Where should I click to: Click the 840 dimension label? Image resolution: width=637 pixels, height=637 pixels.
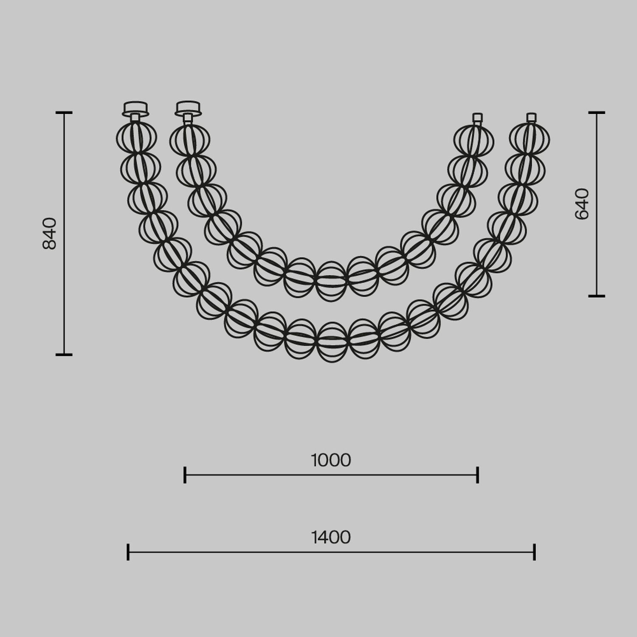pyautogui.click(x=50, y=233)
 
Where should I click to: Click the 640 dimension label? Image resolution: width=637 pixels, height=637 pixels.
pyautogui.click(x=582, y=204)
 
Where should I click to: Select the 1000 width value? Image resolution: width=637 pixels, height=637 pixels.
pyautogui.click(x=331, y=460)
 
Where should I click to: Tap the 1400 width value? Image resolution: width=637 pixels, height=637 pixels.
pyautogui.click(x=331, y=538)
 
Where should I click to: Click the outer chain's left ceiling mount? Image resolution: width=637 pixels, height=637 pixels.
pyautogui.click(x=135, y=109)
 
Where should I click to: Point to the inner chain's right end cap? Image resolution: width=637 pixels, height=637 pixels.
pyautogui.click(x=477, y=118)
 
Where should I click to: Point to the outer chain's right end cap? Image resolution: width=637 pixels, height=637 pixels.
pyautogui.click(x=531, y=118)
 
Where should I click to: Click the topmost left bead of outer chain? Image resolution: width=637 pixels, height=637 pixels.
pyautogui.click(x=136, y=138)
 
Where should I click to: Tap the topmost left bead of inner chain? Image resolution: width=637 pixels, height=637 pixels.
pyautogui.click(x=190, y=140)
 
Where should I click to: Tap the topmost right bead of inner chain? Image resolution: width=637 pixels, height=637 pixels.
pyautogui.click(x=474, y=140)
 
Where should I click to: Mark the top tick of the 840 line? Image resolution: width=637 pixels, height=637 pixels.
pyautogui.click(x=64, y=113)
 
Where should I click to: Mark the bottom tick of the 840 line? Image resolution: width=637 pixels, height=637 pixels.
pyautogui.click(x=64, y=354)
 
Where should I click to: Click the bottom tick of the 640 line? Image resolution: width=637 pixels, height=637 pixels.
pyautogui.click(x=597, y=296)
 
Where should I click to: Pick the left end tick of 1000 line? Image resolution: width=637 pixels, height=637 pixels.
pyautogui.click(x=185, y=475)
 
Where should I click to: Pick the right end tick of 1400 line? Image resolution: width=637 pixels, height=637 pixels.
pyautogui.click(x=534, y=552)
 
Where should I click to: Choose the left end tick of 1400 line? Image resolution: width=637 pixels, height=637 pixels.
pyautogui.click(x=128, y=552)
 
